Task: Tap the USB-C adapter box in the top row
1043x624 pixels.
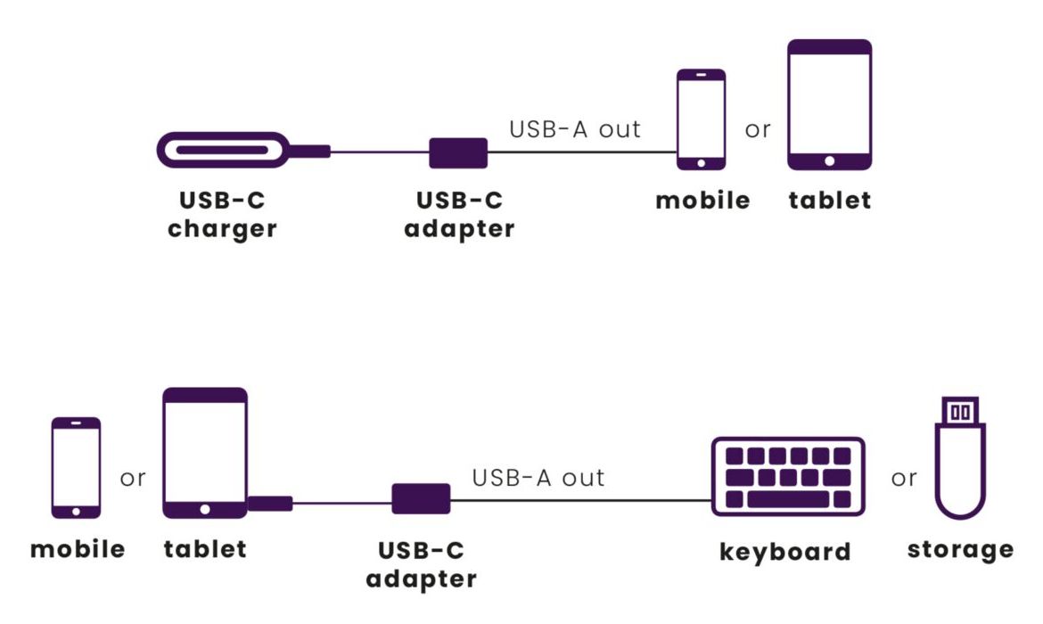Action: [x=458, y=152]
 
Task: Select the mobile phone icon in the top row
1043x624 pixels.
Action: [x=701, y=119]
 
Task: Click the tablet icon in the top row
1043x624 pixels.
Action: [x=829, y=104]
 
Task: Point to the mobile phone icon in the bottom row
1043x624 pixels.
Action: [x=76, y=466]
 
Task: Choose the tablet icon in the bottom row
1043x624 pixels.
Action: [x=205, y=453]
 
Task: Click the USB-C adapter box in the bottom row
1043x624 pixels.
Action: [x=421, y=498]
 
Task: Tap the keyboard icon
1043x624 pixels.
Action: [x=788, y=476]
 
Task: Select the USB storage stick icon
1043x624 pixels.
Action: [x=959, y=458]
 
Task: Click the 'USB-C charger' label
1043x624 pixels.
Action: [x=223, y=215]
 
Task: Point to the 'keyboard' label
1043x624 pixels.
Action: [x=784, y=552]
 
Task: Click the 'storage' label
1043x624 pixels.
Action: [x=960, y=549]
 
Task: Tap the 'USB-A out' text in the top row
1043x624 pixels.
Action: [x=575, y=129]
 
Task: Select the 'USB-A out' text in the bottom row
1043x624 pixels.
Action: [x=538, y=478]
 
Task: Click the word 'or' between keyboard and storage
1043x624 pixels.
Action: [x=904, y=479]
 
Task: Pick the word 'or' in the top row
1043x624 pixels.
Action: [x=758, y=130]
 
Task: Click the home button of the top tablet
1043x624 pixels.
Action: [x=829, y=161]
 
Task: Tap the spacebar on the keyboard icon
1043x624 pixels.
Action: [x=787, y=499]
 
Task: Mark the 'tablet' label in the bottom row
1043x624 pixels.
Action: [x=205, y=548]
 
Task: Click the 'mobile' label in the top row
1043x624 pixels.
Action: [x=702, y=201]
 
